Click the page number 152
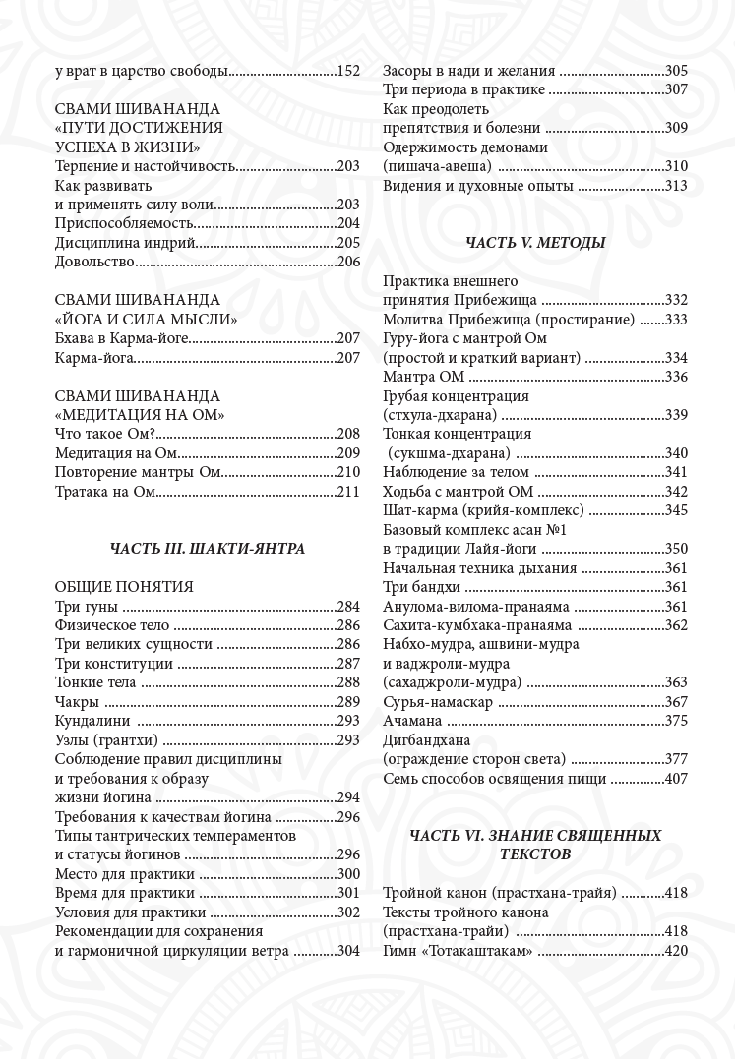tap(348, 71)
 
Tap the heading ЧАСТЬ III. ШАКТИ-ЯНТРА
tap(208, 549)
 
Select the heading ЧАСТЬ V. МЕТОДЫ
tap(534, 242)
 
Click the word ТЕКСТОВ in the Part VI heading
tap(535, 854)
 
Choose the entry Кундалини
tap(93, 721)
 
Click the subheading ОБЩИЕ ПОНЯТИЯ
tap(124, 587)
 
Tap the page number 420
tap(676, 951)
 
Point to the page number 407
tap(676, 778)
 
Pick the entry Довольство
tap(94, 262)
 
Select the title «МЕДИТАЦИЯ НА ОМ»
tap(140, 415)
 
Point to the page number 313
tap(676, 185)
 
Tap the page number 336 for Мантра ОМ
tap(676, 377)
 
